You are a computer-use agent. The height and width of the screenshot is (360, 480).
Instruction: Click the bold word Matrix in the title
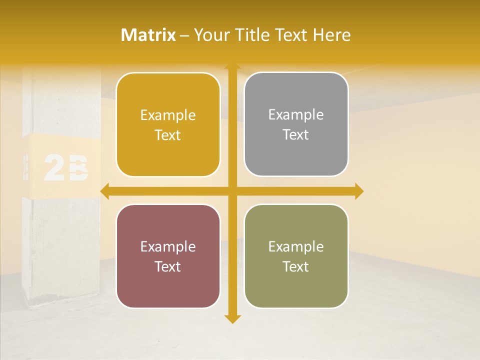point(148,35)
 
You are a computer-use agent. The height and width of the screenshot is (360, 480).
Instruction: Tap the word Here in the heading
point(332,35)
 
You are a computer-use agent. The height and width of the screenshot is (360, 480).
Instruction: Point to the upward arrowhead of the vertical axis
point(231,67)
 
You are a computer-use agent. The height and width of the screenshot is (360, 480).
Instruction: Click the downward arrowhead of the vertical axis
point(231,319)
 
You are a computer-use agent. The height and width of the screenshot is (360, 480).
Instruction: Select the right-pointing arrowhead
point(359,191)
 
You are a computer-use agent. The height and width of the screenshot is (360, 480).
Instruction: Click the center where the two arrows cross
point(231,191)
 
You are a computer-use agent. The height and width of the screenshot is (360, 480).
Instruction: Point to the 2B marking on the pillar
point(65,168)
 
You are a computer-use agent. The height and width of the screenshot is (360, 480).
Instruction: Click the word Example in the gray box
point(296,115)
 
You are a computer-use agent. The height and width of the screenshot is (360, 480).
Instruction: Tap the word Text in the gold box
point(168,135)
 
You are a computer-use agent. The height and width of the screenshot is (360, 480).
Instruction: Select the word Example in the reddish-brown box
point(168,246)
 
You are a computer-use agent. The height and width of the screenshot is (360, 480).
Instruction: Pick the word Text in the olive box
point(296,266)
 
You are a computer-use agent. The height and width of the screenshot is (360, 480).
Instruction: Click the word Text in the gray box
point(296,135)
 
